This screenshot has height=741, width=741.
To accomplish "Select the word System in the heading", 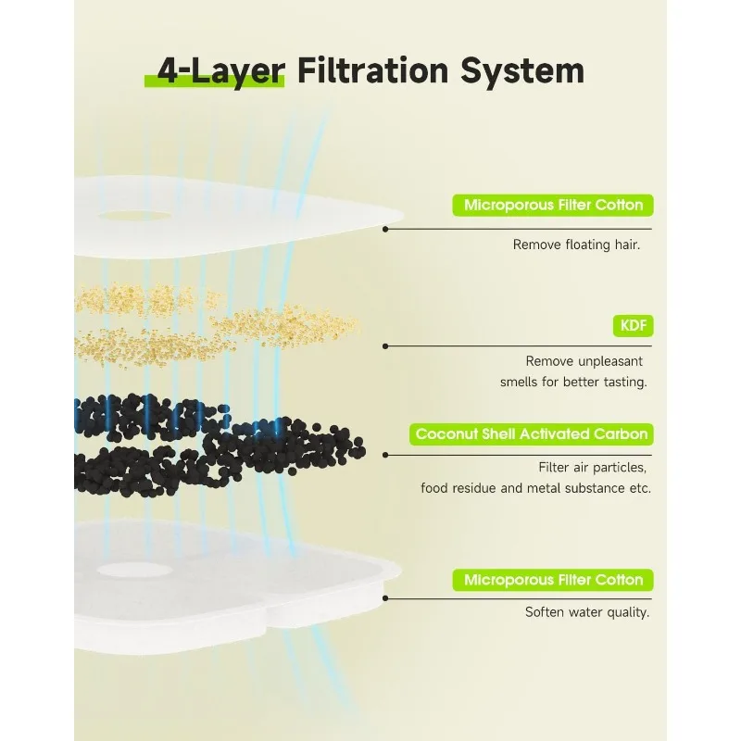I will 526,72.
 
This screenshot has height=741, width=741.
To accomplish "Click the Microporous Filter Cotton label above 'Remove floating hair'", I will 553,206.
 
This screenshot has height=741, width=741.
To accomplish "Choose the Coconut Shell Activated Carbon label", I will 532,433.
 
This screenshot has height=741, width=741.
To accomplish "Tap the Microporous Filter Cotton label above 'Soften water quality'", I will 553,581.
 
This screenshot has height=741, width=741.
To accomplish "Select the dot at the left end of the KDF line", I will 384,346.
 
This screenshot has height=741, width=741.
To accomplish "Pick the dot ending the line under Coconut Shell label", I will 384,455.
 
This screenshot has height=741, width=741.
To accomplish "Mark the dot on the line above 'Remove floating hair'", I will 384,229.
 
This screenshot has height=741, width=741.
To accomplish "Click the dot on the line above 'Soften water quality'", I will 384,598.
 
